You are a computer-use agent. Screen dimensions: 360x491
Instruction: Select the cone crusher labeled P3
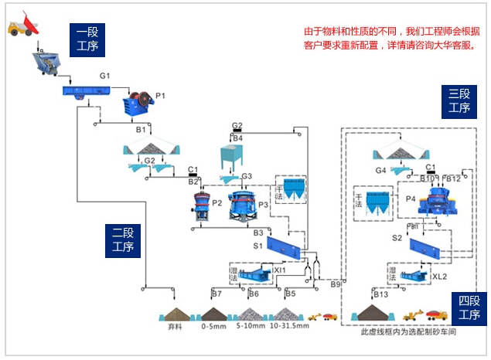pos(243,205)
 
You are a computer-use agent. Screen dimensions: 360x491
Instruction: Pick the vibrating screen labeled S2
pos(428,246)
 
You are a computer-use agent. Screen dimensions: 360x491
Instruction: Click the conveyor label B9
pos(336,285)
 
